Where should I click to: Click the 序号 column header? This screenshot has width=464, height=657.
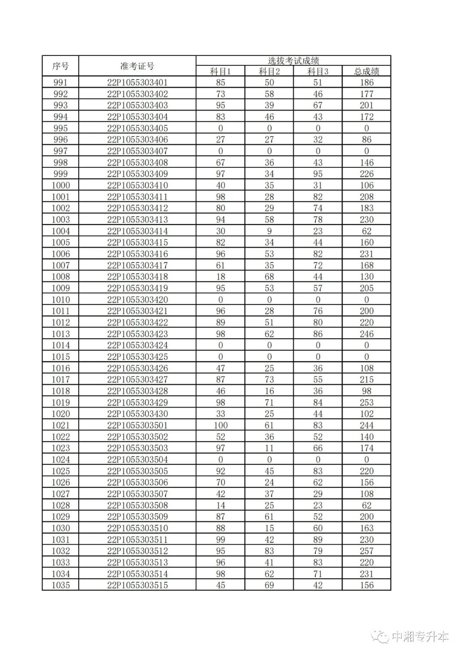61,66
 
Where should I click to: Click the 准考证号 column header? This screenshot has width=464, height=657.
137,66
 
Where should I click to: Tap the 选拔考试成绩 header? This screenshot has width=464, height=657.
293,61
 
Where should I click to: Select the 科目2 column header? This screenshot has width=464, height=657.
269,71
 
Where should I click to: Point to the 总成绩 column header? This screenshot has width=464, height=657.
366,71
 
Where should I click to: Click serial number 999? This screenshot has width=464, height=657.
61,174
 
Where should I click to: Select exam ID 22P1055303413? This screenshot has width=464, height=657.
137,219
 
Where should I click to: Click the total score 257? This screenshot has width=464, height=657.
366,551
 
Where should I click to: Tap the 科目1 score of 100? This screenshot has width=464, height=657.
220,425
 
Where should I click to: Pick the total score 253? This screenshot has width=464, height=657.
366,402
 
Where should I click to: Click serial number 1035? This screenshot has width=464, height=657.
61,585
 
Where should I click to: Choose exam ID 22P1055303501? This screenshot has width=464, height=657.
137,425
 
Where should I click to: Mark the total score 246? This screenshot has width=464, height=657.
366,334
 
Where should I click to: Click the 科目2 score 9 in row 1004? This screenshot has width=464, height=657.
269,231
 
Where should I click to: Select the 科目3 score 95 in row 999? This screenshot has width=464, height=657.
318,174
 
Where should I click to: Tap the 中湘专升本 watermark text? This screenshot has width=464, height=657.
421,636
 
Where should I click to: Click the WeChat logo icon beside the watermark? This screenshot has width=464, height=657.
381,636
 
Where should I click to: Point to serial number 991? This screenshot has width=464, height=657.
61,83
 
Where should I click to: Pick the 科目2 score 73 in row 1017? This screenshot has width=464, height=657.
269,379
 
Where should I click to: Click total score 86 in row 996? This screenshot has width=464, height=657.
366,139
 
